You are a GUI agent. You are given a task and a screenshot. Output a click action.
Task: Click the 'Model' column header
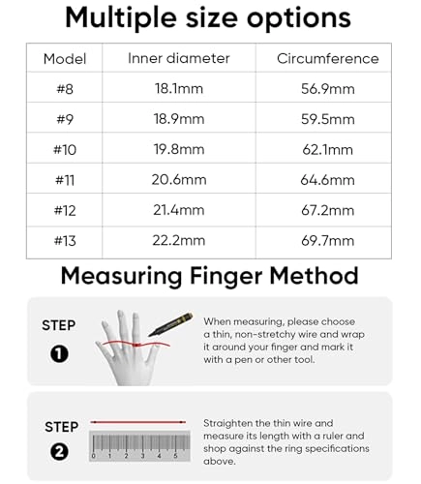click(x=65, y=59)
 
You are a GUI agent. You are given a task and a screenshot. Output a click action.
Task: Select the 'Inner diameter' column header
click(x=179, y=59)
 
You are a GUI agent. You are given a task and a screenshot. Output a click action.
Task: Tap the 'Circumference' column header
click(x=328, y=59)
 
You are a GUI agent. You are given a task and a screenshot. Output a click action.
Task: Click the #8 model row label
click(x=65, y=89)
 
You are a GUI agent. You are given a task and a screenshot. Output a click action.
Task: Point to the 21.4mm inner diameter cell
click(x=179, y=210)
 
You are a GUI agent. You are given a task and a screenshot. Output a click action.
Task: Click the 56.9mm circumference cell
click(x=328, y=89)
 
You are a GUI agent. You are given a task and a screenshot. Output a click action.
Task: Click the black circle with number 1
click(x=59, y=353)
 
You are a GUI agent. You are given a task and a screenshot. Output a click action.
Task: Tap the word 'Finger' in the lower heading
click(x=222, y=276)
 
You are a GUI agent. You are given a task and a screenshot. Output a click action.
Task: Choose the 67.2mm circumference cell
click(x=328, y=210)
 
